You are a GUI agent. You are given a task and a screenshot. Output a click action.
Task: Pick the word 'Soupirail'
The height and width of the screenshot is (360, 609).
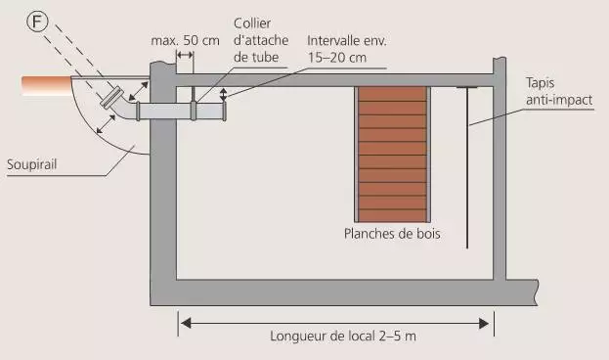tap(33, 164)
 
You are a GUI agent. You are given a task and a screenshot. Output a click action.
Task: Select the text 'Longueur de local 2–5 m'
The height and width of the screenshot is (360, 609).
tap(335, 337)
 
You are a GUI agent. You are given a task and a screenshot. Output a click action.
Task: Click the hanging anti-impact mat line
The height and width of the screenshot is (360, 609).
tap(469, 166)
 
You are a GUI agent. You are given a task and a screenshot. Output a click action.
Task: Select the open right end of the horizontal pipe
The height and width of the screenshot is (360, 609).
tap(224, 111)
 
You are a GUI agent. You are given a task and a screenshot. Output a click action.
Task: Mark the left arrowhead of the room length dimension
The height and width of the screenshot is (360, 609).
tap(183, 319)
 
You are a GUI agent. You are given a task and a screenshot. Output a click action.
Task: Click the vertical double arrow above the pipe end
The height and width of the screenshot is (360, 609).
tap(224, 94)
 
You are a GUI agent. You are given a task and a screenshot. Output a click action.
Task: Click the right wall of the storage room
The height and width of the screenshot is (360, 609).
tap(500, 176)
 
